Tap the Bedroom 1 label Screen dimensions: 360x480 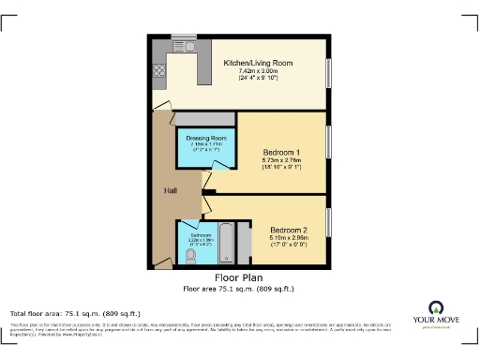coord(280,152)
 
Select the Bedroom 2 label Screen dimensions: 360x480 coord(289,230)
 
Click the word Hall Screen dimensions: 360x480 coord(171,190)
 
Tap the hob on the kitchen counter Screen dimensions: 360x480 coord(158,67)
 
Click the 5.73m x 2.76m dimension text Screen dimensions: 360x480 coord(280,160)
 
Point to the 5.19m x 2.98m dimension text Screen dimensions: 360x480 coord(289,238)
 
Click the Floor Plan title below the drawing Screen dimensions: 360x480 coord(238,278)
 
